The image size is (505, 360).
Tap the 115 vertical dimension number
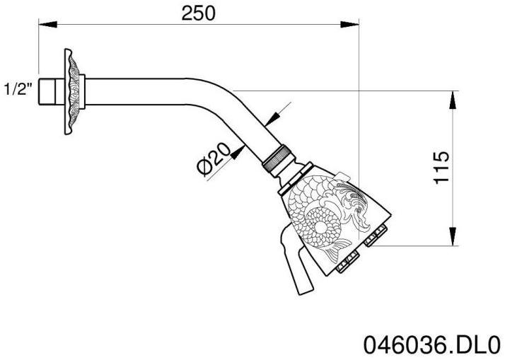click(441, 167)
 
